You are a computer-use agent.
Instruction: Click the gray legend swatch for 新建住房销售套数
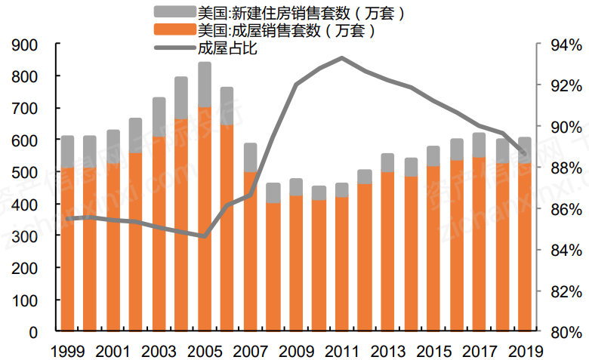point(174,12)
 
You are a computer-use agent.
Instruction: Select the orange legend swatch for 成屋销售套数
point(174,30)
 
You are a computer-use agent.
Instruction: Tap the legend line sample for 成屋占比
point(174,49)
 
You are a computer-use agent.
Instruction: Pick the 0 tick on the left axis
point(33,332)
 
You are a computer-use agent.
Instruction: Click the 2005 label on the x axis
point(204,352)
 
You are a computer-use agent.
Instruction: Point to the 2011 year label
point(341,352)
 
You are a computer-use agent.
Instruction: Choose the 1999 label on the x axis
point(67,352)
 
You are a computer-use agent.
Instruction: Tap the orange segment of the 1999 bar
point(67,249)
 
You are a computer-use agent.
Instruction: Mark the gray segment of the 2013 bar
point(387,162)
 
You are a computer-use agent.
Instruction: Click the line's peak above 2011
point(341,57)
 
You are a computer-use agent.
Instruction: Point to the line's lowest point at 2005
point(204,236)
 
